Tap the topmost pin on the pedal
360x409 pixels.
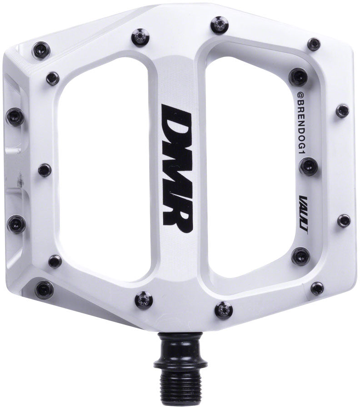tap(218, 24)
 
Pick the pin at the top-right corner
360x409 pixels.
tap(314, 44)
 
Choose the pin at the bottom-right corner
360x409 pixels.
tap(317, 288)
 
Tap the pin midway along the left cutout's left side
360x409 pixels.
tap(45, 170)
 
